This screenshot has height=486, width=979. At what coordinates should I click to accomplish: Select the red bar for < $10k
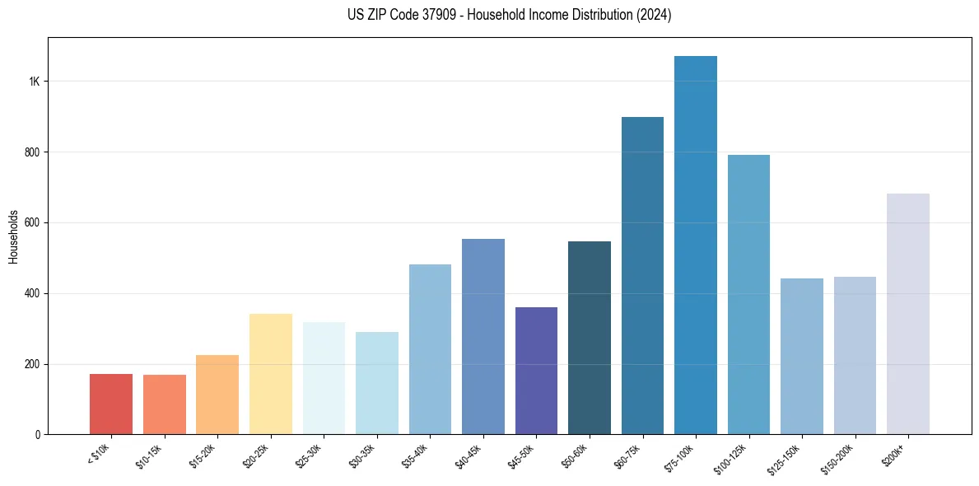111,404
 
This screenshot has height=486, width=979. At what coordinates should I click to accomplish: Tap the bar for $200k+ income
908,314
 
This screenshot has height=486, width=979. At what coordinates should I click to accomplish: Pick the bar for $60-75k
642,276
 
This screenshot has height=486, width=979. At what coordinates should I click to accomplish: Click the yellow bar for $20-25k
271,374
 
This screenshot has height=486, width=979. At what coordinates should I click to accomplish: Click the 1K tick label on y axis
34,82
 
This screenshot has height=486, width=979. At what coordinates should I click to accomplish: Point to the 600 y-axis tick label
30,223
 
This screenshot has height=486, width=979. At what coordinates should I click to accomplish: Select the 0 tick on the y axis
37,434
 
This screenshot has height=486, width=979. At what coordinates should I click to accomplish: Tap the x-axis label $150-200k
839,458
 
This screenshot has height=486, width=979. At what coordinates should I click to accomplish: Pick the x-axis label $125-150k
786,458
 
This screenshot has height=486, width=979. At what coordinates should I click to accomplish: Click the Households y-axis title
13,236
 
